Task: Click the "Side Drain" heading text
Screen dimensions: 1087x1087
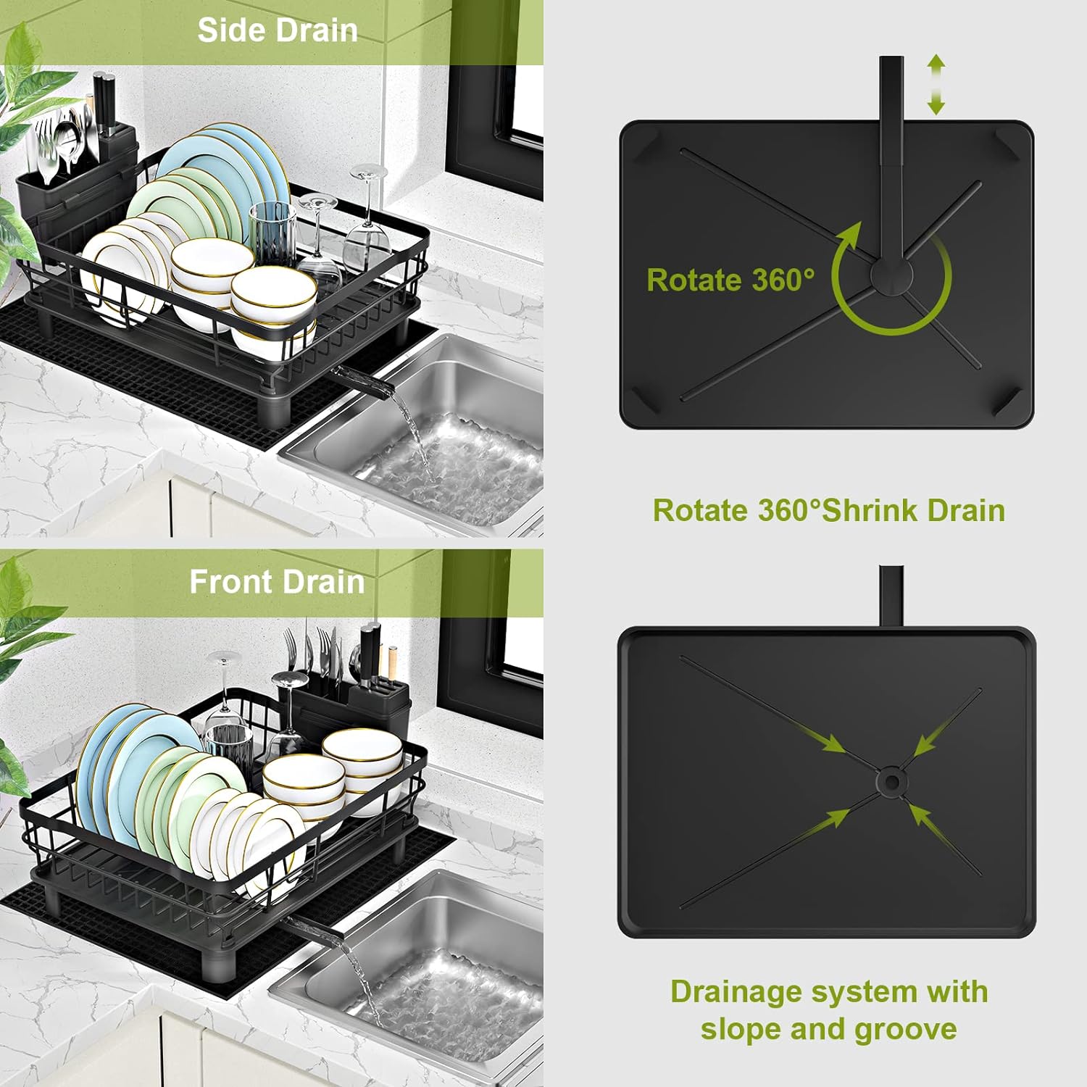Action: pyautogui.click(x=278, y=31)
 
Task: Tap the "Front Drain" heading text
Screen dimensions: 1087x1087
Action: pyautogui.click(x=276, y=582)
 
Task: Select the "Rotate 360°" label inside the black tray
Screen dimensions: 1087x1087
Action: pyautogui.click(x=730, y=280)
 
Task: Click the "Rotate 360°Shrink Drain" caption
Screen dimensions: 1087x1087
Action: pyautogui.click(x=828, y=510)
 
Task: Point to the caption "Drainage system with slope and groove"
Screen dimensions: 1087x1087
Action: pyautogui.click(x=828, y=1010)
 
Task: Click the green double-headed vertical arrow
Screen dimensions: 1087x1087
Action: pyautogui.click(x=936, y=85)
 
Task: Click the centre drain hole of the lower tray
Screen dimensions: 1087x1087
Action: pyautogui.click(x=890, y=781)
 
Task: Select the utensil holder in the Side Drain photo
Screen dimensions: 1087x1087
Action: pyautogui.click(x=76, y=188)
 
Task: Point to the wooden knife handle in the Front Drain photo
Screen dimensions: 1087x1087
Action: pyautogui.click(x=392, y=664)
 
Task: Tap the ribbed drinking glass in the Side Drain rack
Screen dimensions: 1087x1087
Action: pyautogui.click(x=273, y=232)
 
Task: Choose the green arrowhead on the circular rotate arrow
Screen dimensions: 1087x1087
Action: pyautogui.click(x=849, y=236)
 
